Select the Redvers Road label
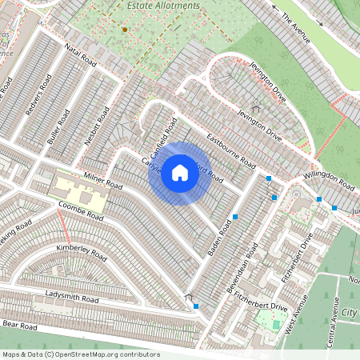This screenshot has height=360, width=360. pos(38,95)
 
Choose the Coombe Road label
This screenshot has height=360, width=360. pos(81,210)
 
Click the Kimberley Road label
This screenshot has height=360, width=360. pos(81,252)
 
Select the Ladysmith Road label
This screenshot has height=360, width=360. pos(72,298)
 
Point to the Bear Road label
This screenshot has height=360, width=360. pos(20,326)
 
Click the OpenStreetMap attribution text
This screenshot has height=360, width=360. pos(80,354)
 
